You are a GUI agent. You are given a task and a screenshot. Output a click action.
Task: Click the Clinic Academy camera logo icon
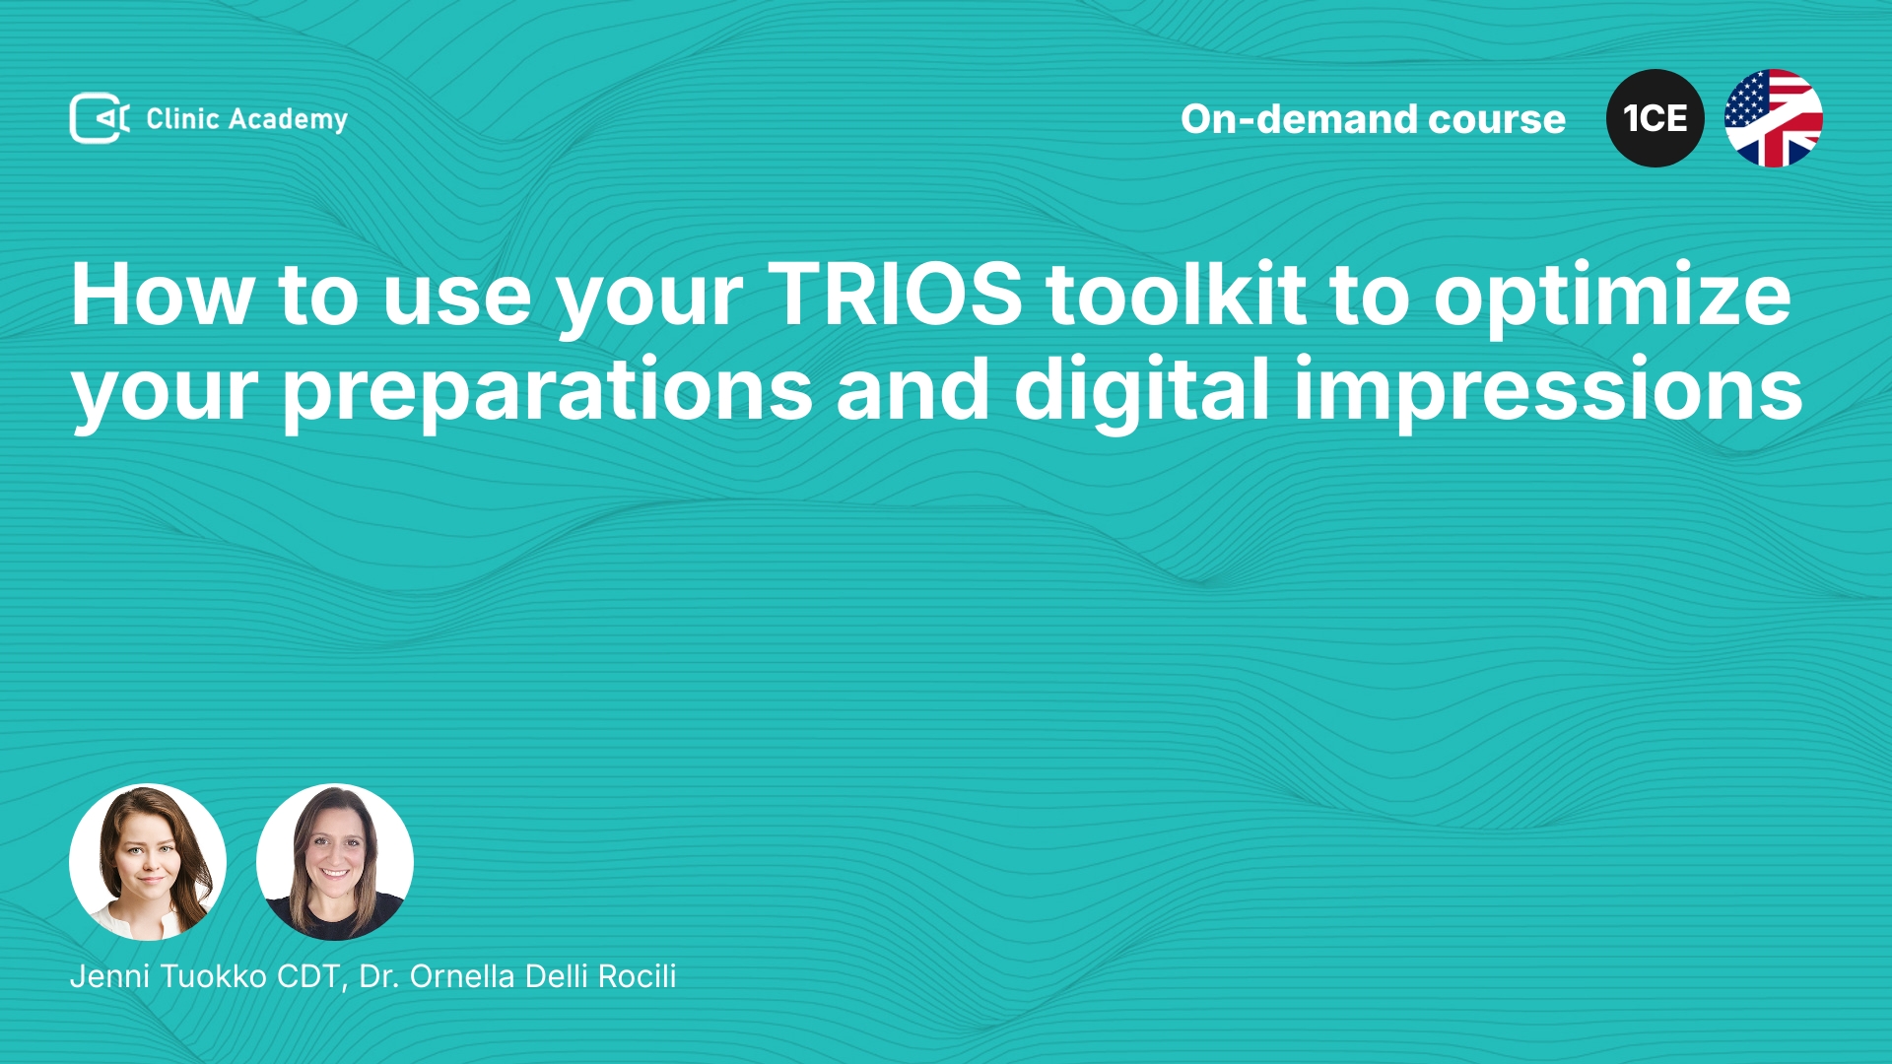(x=100, y=118)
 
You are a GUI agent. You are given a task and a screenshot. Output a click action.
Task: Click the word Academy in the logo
(x=288, y=120)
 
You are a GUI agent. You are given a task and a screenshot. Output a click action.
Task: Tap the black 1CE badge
(x=1655, y=118)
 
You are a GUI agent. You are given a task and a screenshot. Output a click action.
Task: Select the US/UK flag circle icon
(x=1774, y=118)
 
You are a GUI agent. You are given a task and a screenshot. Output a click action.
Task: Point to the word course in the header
(x=1497, y=120)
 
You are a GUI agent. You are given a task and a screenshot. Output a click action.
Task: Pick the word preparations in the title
(x=548, y=392)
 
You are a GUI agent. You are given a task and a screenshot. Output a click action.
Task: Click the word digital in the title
(x=1142, y=392)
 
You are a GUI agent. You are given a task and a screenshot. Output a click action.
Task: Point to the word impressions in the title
(x=1548, y=392)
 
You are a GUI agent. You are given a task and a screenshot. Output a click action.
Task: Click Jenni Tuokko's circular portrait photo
(x=148, y=862)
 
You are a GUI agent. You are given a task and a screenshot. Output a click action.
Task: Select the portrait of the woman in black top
(x=335, y=862)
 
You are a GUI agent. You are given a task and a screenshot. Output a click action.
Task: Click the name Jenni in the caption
(x=109, y=976)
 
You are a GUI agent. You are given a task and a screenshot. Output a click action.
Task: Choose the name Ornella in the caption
(x=463, y=976)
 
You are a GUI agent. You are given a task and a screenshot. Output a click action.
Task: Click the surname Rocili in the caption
(x=637, y=976)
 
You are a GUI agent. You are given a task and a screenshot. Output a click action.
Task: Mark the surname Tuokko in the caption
(x=214, y=976)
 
